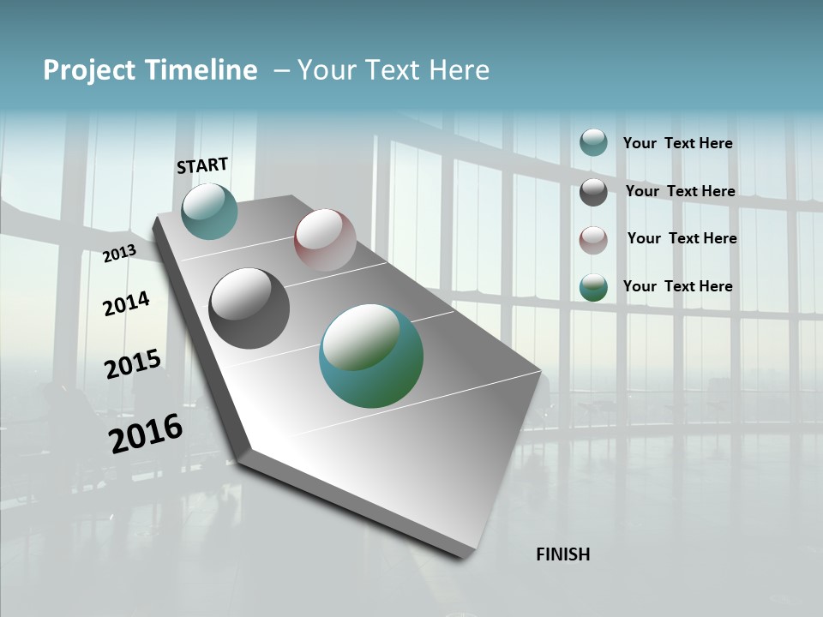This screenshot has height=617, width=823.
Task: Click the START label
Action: pos(202,165)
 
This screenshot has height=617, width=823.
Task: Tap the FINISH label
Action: pos(562,554)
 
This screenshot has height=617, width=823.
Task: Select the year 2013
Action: pos(119,253)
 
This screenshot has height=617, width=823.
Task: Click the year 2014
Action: pos(126,303)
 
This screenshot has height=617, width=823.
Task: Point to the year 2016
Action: pos(146,433)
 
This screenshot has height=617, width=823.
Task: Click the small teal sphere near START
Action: pos(209,211)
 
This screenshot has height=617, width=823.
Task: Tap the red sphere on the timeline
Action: pos(325,239)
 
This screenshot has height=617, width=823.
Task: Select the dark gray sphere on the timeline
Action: pos(249,308)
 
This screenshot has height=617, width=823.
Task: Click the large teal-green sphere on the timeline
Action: pos(371,356)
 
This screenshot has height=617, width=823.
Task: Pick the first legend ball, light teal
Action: pos(593,142)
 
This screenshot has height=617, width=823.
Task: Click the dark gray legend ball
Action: pos(593,192)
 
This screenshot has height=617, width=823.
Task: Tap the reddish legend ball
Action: pos(593,240)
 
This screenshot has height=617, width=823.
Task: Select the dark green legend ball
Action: pos(593,287)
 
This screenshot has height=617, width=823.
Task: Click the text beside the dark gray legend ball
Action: pos(680,191)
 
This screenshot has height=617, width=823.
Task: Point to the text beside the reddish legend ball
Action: pos(682,238)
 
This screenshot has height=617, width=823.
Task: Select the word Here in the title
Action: pos(459,70)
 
